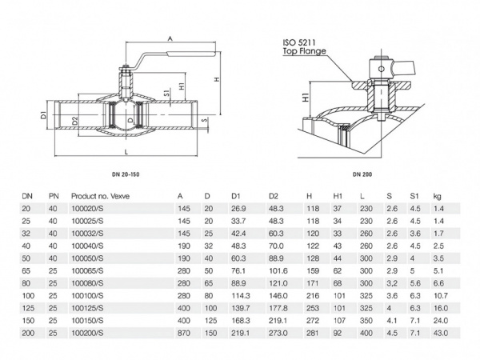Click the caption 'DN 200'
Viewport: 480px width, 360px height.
tap(363, 175)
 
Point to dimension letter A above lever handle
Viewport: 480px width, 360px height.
tap(170, 38)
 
